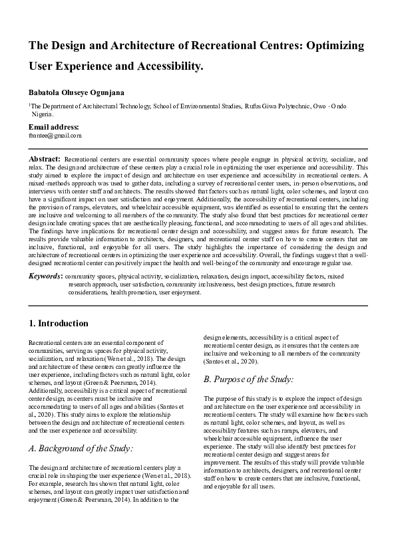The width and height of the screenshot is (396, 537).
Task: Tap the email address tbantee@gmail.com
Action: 55,136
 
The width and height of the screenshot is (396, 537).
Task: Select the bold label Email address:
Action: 53,127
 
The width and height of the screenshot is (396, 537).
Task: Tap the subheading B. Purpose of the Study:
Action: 248,379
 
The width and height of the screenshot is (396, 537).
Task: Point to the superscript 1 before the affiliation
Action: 29,104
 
